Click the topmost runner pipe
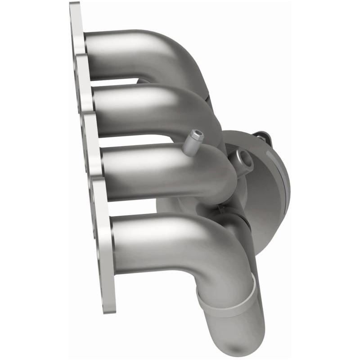(135, 54)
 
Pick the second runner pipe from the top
(144, 110)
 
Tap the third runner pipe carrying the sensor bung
(157, 173)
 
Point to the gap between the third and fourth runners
(135, 207)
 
